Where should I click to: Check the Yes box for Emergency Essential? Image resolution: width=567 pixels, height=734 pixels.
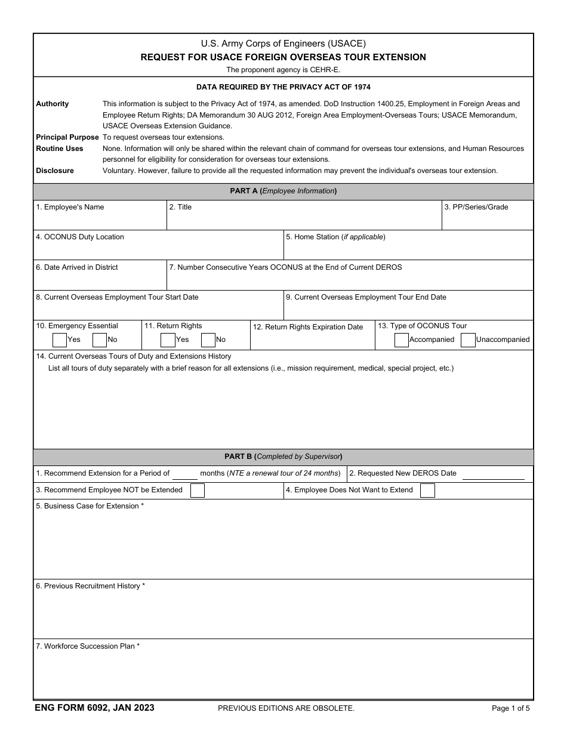click(x=60, y=340)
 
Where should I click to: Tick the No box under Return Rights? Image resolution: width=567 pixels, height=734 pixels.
click(x=208, y=340)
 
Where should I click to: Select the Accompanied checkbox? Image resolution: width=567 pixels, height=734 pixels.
click(x=402, y=340)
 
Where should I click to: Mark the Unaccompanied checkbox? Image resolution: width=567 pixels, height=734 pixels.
click(x=468, y=340)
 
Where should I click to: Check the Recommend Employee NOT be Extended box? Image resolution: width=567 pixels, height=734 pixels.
click(x=197, y=491)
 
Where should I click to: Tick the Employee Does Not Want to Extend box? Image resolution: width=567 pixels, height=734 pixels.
click(x=427, y=491)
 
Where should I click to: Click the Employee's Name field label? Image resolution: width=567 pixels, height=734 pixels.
click(x=70, y=207)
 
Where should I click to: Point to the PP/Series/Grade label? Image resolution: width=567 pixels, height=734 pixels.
click(x=476, y=207)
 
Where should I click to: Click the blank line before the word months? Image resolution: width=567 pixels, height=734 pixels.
click(x=185, y=474)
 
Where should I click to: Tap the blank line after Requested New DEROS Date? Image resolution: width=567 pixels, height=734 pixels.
click(x=493, y=474)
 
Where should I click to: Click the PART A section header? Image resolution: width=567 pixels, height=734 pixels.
click(x=283, y=192)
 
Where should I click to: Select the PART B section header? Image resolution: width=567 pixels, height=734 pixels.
click(x=283, y=457)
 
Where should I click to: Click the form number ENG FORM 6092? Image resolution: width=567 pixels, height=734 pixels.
click(x=94, y=708)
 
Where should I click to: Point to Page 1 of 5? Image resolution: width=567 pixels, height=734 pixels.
click(x=510, y=708)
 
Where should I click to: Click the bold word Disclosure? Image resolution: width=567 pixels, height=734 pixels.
click(x=55, y=171)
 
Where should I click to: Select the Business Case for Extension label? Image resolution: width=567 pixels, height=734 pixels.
click(x=90, y=506)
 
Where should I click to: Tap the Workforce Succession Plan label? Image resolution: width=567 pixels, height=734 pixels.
click(x=88, y=646)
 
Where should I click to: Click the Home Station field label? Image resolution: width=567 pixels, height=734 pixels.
click(x=335, y=237)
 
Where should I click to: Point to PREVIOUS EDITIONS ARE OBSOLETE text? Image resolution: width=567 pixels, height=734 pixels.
click(x=286, y=708)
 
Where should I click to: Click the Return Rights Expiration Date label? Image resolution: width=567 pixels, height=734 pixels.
click(x=308, y=327)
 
